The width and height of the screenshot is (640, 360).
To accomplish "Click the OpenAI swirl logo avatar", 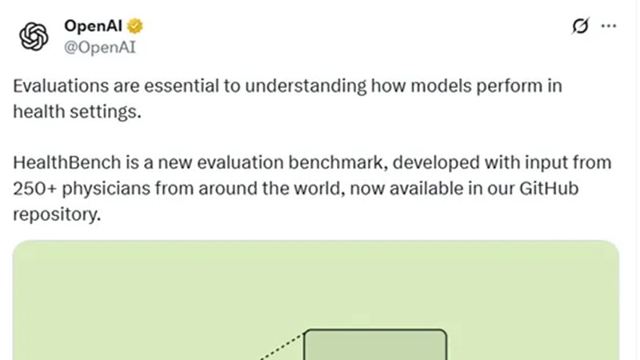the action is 34,36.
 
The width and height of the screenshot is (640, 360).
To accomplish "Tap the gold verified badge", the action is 135,26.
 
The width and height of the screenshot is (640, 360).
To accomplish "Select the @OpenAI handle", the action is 99,47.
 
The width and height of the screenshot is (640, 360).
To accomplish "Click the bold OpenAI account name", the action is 93,26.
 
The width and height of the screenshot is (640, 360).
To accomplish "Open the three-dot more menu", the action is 609,26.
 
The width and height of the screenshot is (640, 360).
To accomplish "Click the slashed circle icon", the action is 581,26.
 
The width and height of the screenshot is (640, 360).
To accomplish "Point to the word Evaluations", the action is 61,86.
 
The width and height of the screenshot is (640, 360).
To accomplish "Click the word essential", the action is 182,86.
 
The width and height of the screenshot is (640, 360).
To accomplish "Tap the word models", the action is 441,86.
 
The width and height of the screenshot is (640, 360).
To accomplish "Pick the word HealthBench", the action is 67,162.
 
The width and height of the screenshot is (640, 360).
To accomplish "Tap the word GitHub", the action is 549,189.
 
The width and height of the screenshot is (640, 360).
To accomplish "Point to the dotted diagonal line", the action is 282,346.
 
